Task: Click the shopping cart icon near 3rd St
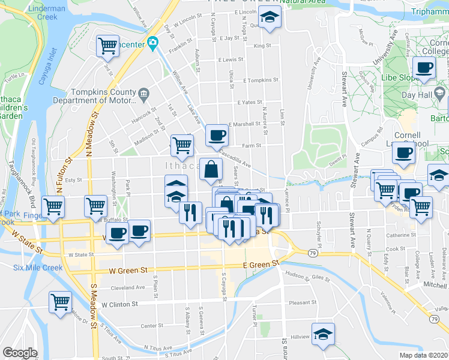click(107, 46)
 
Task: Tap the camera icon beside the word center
click(153, 43)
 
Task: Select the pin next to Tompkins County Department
click(143, 94)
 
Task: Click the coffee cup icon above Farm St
click(216, 136)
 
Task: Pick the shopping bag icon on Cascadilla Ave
click(211, 171)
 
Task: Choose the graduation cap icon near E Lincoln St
click(271, 19)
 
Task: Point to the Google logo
click(20, 353)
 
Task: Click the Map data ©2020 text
click(423, 355)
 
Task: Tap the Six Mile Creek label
click(38, 268)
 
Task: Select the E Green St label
click(262, 264)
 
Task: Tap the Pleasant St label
click(302, 303)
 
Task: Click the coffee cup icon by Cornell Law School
click(404, 152)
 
